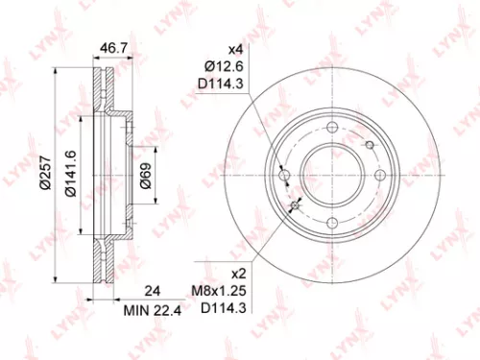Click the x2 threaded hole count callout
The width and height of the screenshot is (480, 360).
233,273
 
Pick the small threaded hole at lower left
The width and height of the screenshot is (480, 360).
296,206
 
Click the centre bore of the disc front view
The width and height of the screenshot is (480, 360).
333,175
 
